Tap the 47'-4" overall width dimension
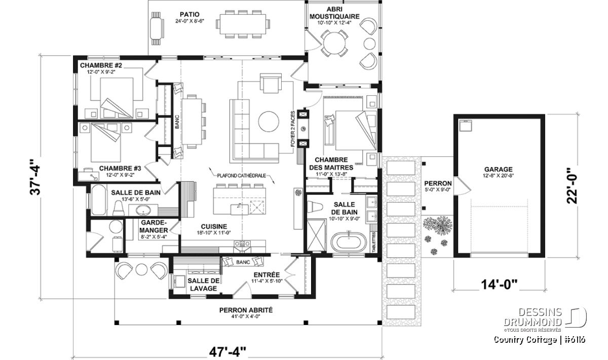click(x=227, y=352)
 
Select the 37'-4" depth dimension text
click(x=35, y=177)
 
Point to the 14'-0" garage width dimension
click(x=499, y=285)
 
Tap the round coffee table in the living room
click(x=269, y=122)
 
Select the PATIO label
click(x=189, y=14)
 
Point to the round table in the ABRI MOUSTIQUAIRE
click(x=334, y=43)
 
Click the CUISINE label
click(x=214, y=226)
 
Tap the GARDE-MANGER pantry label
click(x=154, y=226)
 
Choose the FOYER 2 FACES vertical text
click(x=293, y=129)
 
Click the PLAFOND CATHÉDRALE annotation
click(x=241, y=176)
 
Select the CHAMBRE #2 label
click(x=101, y=65)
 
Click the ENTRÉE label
click(x=267, y=274)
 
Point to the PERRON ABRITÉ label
click(x=246, y=310)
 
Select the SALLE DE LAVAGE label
click(x=203, y=285)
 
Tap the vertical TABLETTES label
click(x=374, y=242)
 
